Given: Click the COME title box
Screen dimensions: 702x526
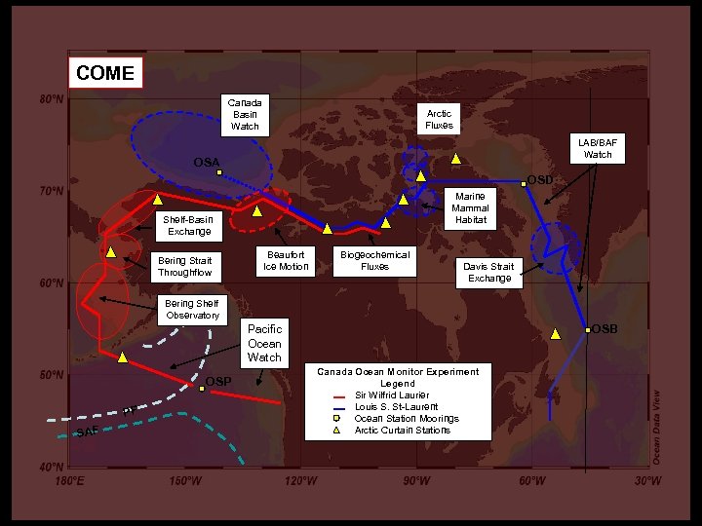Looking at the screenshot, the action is click(105, 73).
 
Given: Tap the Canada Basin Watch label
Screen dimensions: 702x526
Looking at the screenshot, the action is click(245, 114).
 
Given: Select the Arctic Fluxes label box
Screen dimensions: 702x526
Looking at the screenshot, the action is click(439, 119).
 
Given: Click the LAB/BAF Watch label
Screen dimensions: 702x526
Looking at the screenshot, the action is click(598, 148).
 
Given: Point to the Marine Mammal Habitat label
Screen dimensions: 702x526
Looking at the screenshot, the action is click(469, 207).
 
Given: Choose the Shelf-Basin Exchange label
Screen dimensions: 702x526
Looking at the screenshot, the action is click(188, 226).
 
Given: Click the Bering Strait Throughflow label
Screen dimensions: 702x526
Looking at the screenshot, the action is click(185, 266).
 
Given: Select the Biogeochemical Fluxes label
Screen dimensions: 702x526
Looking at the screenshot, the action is click(374, 260).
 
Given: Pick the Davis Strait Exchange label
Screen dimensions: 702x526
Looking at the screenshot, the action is click(488, 272).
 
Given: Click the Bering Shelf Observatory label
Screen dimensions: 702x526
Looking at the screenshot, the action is click(192, 310).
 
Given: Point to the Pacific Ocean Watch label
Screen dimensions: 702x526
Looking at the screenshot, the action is click(264, 344).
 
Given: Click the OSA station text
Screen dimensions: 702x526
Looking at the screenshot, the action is click(206, 162).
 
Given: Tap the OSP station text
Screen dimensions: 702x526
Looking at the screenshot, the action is click(218, 380).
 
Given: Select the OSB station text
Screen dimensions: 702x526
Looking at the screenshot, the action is click(604, 328).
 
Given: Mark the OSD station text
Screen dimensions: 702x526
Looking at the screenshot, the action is click(540, 179).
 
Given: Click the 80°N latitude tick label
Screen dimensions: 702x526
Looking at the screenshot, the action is click(52, 99).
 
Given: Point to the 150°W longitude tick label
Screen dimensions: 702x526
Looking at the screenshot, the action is click(185, 481).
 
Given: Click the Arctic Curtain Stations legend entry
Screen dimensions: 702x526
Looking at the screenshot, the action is click(402, 430).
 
